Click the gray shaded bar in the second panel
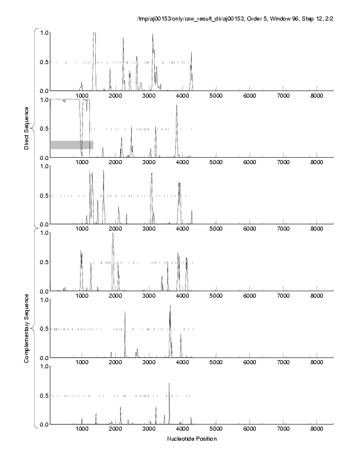click(x=71, y=145)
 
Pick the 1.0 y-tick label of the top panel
click(x=43, y=32)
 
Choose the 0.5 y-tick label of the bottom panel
click(x=43, y=395)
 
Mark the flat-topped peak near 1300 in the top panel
click(x=95, y=34)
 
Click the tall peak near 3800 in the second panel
click(x=176, y=106)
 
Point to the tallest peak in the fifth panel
click(x=170, y=306)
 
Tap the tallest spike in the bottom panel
click(x=169, y=384)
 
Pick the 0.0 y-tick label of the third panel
click(x=43, y=225)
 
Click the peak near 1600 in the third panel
click(x=104, y=172)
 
